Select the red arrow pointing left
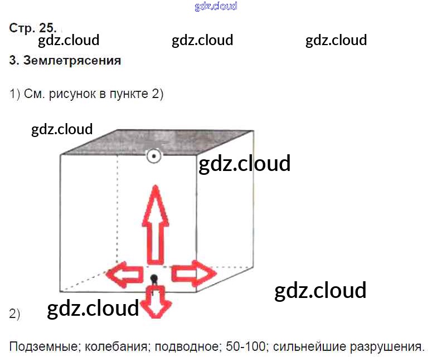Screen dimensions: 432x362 tap(124, 274)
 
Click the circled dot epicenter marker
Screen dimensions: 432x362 tap(153, 156)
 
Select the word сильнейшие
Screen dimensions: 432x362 tap(308, 346)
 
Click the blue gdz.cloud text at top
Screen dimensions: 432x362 tap(216, 6)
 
